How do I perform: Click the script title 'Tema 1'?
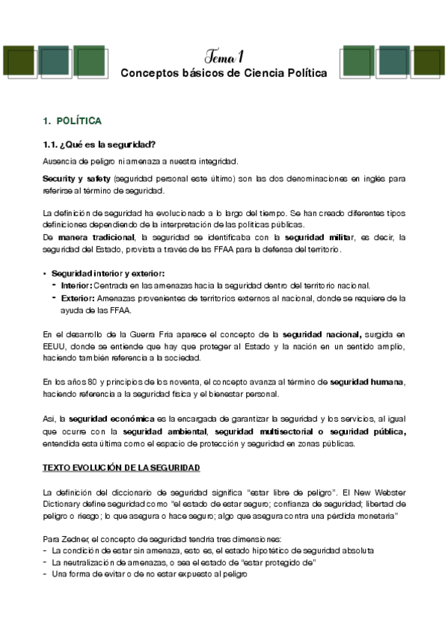click(224, 57)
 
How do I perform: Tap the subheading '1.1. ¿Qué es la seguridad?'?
click(93, 144)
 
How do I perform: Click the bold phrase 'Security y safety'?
click(76, 179)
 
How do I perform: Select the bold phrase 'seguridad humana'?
click(366, 382)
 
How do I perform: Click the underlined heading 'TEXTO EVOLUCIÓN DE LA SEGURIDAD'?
click(120, 467)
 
